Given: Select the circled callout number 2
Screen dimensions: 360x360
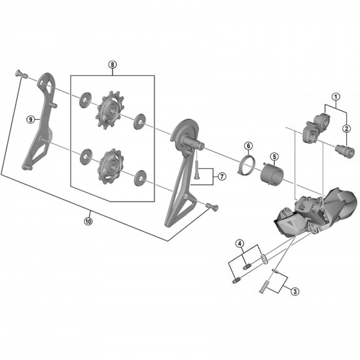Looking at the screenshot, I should (348, 128).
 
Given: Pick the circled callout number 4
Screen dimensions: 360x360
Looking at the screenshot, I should (240, 245).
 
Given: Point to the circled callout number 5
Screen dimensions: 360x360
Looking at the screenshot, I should (274, 157).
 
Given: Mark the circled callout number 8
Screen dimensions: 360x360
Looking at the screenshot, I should (112, 65).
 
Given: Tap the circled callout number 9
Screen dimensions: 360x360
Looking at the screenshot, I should (30, 119).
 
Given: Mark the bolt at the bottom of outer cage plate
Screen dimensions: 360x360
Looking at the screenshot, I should (209, 207).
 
